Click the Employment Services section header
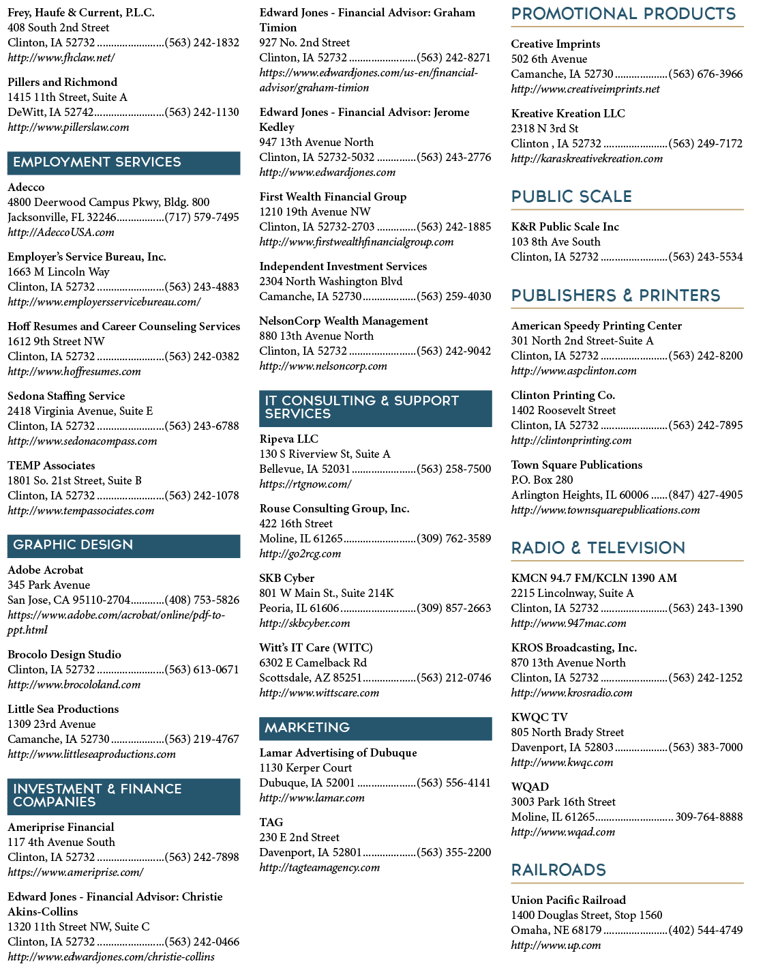(x=123, y=163)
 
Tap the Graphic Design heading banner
(x=123, y=546)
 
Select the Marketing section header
(x=375, y=729)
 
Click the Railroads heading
(x=558, y=870)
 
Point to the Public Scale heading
(x=571, y=196)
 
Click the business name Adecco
(x=26, y=187)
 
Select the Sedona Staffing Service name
(x=66, y=396)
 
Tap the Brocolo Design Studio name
(x=64, y=654)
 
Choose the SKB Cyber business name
(x=286, y=578)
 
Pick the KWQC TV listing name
(x=539, y=717)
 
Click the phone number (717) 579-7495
(x=202, y=217)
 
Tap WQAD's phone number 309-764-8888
(x=708, y=817)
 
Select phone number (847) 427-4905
(x=706, y=495)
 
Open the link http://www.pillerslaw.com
(x=68, y=128)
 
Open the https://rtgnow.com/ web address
(x=305, y=484)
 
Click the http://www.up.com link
(x=556, y=946)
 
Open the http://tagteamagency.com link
(x=319, y=868)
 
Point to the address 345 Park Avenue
(x=48, y=585)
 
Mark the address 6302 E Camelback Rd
(x=313, y=662)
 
